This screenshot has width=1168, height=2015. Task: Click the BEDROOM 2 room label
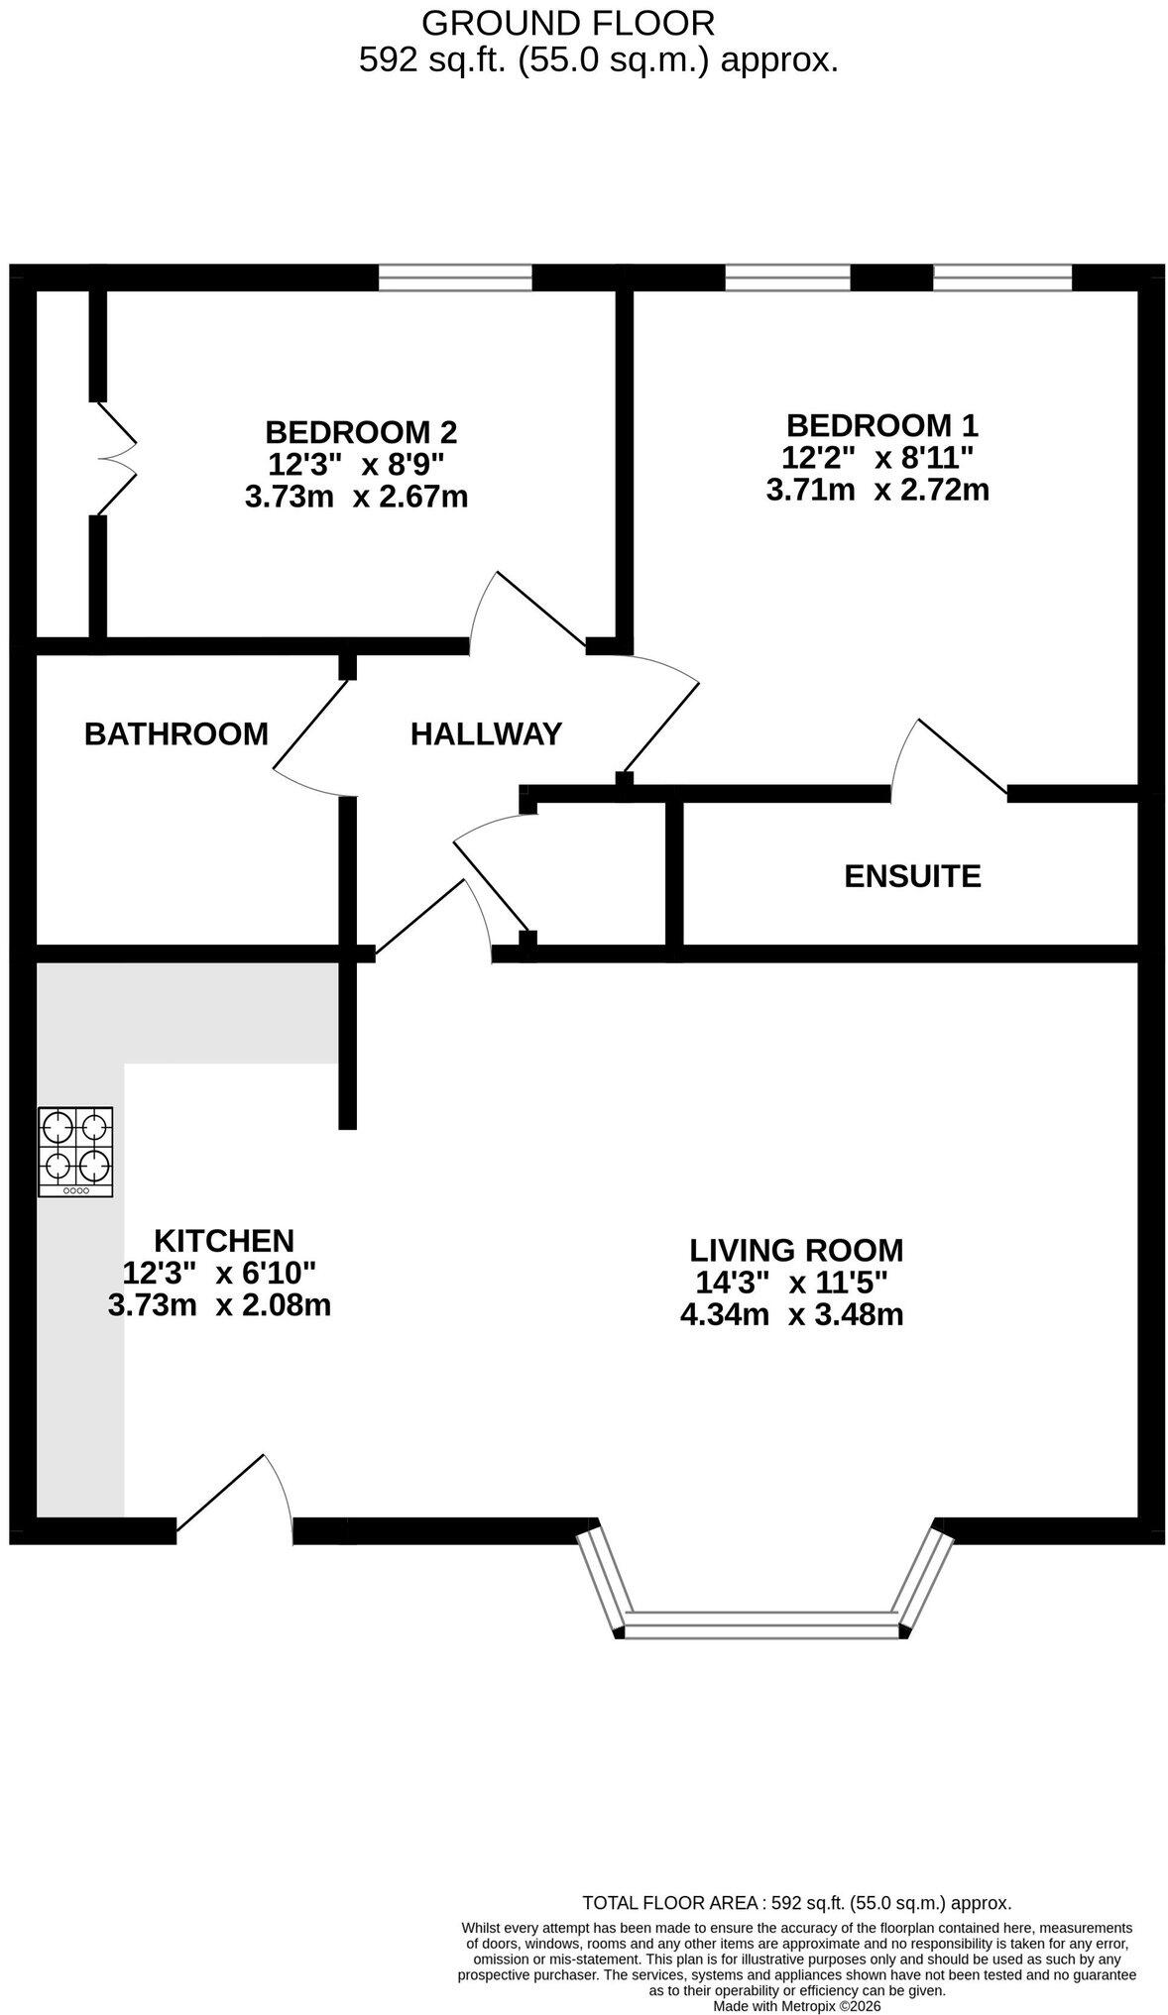361,432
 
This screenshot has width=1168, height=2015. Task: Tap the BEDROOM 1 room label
881,425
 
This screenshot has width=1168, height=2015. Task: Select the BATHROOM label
176,733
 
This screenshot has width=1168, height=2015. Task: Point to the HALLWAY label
486,733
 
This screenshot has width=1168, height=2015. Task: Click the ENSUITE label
912,876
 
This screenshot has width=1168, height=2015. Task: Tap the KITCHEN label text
224,1240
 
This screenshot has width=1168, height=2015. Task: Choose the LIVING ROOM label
796,1250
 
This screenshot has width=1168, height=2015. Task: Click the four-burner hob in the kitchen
75,1152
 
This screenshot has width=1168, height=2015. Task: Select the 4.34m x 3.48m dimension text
791,1315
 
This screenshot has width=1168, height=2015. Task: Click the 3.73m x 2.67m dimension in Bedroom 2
356,496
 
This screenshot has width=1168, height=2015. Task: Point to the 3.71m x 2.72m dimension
877,489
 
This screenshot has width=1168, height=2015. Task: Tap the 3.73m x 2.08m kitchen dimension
219,1304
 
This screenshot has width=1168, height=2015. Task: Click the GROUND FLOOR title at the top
568,22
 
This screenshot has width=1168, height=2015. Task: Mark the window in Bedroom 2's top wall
455,278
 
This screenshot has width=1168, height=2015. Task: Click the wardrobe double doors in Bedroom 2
117,458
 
